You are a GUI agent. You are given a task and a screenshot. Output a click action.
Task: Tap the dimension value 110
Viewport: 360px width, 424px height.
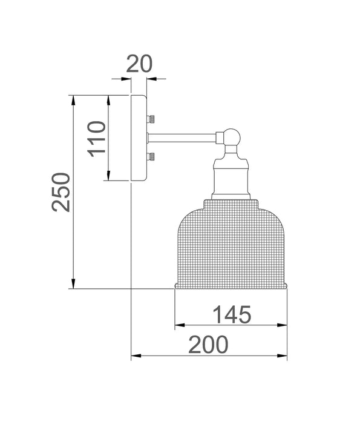pyautogui.click(x=97, y=139)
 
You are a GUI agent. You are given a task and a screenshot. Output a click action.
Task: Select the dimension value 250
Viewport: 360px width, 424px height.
pyautogui.click(x=62, y=191)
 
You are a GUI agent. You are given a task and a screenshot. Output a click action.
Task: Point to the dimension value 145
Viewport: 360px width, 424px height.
pyautogui.click(x=231, y=315)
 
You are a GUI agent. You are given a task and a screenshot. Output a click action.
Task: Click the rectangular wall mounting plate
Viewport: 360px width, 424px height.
pyautogui.click(x=139, y=137)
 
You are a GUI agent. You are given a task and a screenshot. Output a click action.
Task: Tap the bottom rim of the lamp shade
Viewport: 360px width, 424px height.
pyautogui.click(x=231, y=286)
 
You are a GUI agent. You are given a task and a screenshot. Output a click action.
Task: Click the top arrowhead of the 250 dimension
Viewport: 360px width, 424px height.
pyautogui.click(x=73, y=98)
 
